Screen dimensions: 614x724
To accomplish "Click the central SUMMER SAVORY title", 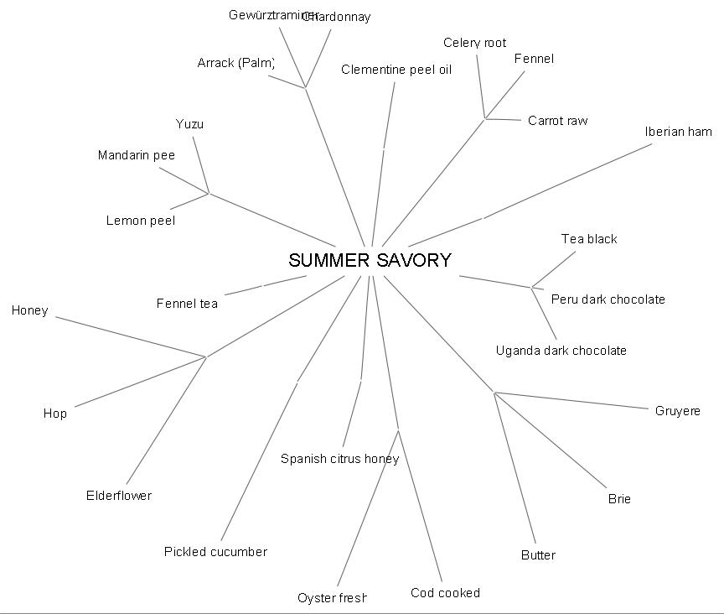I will pyautogui.click(x=370, y=260).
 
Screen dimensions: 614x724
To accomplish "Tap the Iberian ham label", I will pyautogui.click(x=678, y=132).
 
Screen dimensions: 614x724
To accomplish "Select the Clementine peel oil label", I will pyautogui.click(x=396, y=70).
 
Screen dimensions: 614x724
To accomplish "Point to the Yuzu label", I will pyautogui.click(x=189, y=124).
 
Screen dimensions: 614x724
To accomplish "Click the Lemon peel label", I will pyautogui.click(x=140, y=221).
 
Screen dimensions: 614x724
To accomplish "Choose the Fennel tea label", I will pyautogui.click(x=187, y=304).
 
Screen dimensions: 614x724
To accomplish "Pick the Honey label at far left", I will pyautogui.click(x=30, y=310).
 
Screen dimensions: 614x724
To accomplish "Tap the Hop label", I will pyautogui.click(x=55, y=414).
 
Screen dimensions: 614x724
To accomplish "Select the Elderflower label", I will pyautogui.click(x=119, y=496).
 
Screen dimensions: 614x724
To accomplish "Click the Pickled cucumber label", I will pyautogui.click(x=215, y=551).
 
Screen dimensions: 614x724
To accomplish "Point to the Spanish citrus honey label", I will pyautogui.click(x=339, y=459).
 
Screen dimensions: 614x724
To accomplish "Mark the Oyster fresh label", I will pyautogui.click(x=332, y=598).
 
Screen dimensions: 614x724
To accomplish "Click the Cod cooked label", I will pyautogui.click(x=445, y=593).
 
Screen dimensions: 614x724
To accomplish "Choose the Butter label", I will pyautogui.click(x=538, y=555).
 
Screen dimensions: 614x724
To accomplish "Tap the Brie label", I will pyautogui.click(x=619, y=499).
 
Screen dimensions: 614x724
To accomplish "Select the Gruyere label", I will pyautogui.click(x=677, y=411).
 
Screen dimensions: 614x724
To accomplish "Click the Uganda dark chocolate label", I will pyautogui.click(x=561, y=351).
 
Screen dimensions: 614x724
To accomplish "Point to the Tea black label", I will pyautogui.click(x=589, y=239).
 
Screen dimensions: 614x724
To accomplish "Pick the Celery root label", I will pyautogui.click(x=474, y=43).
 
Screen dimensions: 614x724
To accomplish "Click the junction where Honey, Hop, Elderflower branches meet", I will pyautogui.click(x=206, y=356).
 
